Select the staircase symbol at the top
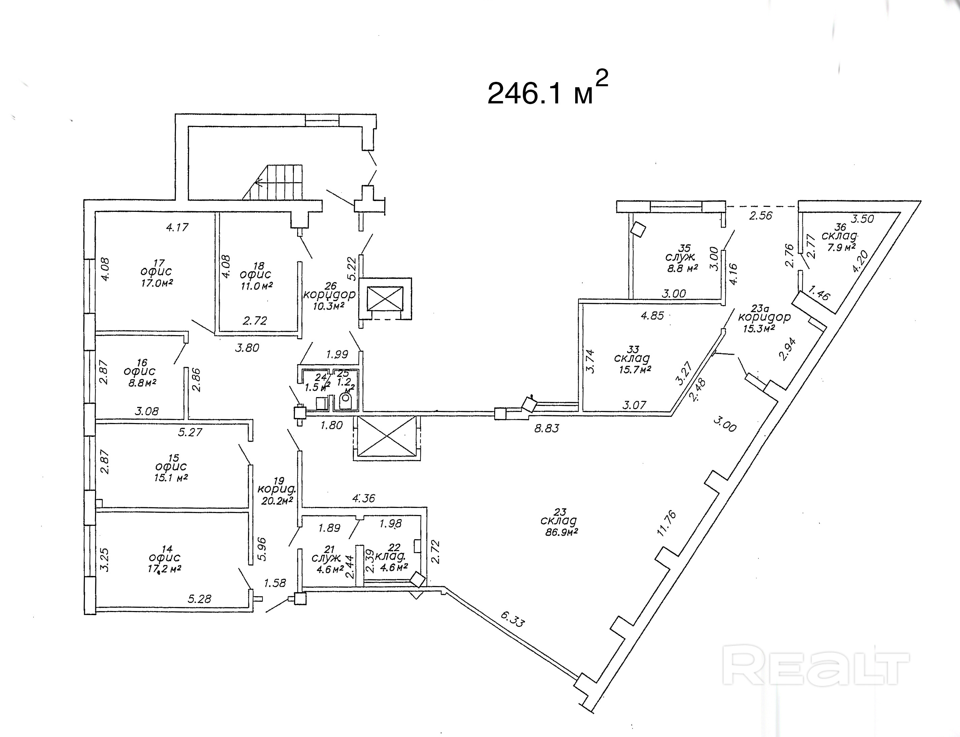(x=273, y=183)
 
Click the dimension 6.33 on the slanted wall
(x=513, y=619)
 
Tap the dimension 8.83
(x=547, y=428)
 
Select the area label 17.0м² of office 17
(x=157, y=283)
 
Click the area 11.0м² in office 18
(x=257, y=286)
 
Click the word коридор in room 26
(x=329, y=295)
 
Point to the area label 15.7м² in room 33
(x=635, y=370)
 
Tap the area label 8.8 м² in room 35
(x=683, y=268)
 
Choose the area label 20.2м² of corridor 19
(x=277, y=501)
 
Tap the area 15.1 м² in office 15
(x=171, y=478)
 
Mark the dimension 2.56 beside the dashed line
(x=761, y=215)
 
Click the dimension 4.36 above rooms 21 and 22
(x=364, y=499)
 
